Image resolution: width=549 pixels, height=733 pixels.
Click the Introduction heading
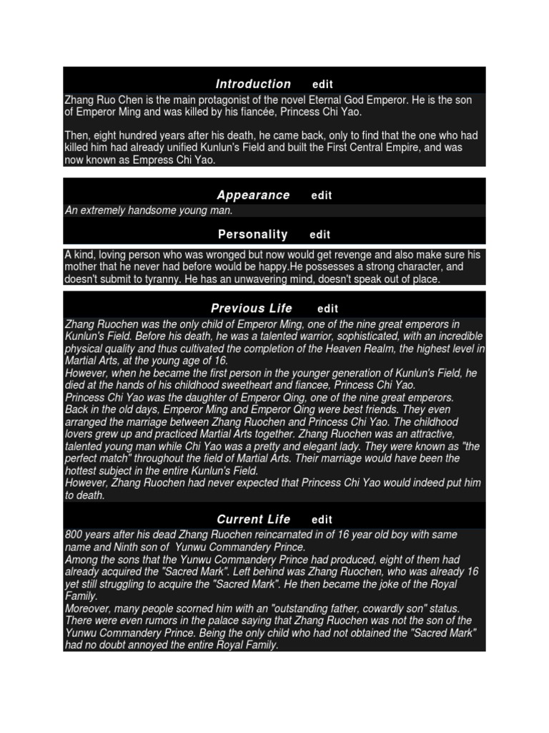click(x=253, y=84)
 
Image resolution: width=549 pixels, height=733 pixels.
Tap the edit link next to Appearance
click(x=322, y=195)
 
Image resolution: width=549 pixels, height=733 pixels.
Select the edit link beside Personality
click(x=320, y=235)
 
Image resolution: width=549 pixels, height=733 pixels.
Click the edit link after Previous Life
click(x=327, y=309)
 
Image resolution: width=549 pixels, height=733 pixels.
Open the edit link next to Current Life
click(x=322, y=520)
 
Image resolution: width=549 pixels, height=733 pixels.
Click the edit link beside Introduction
click(x=322, y=84)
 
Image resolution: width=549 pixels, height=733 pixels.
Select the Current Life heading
click(x=253, y=520)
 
